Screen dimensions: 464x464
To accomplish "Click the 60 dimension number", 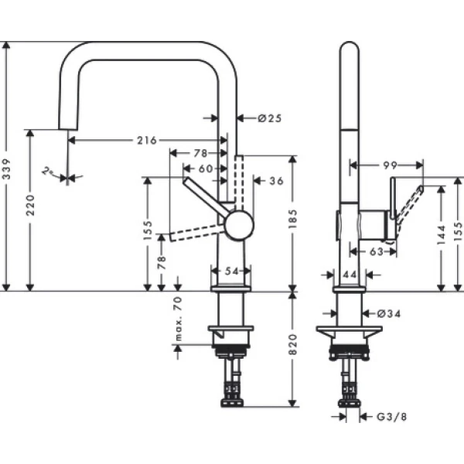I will tap(205, 168).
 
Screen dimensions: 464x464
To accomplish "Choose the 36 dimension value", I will tap(276, 181).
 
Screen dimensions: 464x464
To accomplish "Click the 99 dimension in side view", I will tap(389, 165).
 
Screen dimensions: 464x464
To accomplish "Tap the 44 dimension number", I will tap(349, 275).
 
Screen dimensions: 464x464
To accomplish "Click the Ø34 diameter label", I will tap(389, 313).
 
